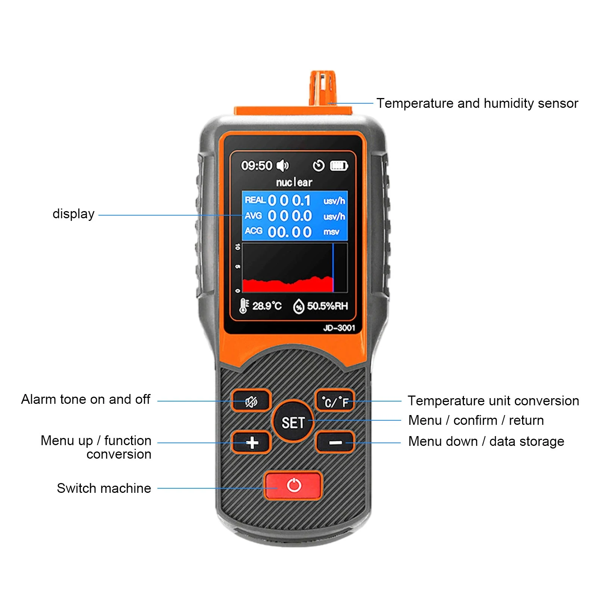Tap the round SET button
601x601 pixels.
pos(293,421)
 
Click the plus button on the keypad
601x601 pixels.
pos(251,442)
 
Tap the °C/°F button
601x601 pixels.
pos(335,401)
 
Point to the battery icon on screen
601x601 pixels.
pos(339,166)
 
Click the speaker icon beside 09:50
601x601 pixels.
pos(283,165)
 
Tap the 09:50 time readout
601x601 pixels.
pos(257,166)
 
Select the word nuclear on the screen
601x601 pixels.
pos(294,182)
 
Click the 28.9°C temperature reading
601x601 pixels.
pos(267,306)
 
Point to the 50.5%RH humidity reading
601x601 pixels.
pos(327,306)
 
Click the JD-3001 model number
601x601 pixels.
pos(339,328)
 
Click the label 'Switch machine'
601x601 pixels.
pos(104,488)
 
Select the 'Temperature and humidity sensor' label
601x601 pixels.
pos(477,103)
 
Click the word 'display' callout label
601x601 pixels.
pos(74,214)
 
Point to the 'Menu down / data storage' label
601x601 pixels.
pos(486,441)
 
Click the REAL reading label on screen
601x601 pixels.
pos(255,200)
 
